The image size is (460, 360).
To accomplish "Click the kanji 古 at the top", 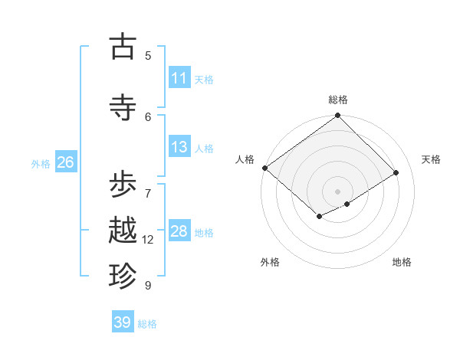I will [123, 47].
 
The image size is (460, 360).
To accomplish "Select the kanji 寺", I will [123, 107].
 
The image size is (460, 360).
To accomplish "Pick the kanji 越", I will [123, 231].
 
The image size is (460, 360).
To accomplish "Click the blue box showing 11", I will [179, 78].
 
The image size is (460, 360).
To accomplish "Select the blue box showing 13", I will [179, 147].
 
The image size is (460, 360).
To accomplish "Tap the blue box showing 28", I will [179, 231].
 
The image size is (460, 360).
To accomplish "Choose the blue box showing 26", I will [65, 162].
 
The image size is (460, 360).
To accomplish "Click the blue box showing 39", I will [123, 322].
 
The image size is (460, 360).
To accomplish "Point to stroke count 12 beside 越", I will [148, 240].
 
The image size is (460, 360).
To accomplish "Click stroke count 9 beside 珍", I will [148, 286].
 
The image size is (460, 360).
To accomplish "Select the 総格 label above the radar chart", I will [338, 100].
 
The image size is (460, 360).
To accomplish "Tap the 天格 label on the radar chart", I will [431, 159].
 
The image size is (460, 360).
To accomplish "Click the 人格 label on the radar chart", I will [245, 159].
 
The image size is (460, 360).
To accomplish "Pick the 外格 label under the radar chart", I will [270, 262].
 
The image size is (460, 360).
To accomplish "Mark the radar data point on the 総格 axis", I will [338, 116].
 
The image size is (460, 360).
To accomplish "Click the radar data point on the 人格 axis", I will [264, 168].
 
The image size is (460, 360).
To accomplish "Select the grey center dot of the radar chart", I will [338, 191].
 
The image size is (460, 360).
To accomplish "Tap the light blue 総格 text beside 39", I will [147, 324].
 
